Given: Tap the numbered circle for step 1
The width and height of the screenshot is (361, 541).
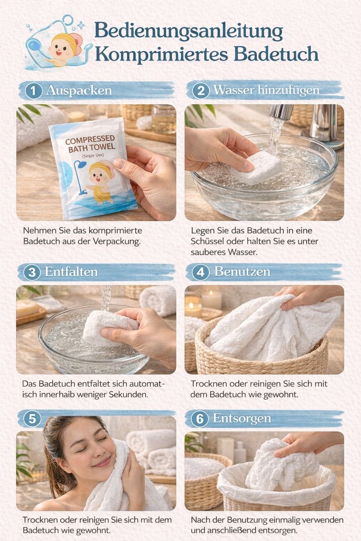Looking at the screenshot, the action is [33, 91].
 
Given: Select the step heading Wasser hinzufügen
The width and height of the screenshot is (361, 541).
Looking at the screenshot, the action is [266, 90].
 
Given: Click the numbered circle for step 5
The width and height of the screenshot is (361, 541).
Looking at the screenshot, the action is [32, 419].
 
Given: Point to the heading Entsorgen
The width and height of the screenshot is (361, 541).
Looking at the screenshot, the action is [242, 418].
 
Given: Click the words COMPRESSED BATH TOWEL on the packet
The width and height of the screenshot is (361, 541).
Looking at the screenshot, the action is [91, 143].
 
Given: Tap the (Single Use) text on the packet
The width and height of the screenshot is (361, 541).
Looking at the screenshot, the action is [93, 156].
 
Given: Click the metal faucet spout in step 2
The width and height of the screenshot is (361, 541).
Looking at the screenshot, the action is [282, 112].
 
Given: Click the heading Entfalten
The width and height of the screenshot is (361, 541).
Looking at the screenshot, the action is [71, 271].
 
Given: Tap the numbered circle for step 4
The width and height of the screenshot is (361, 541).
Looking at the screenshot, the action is [200, 272].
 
